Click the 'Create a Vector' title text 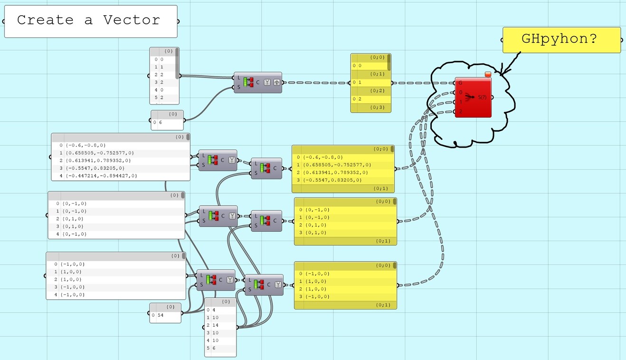88,20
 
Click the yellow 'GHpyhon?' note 561,39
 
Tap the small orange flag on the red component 487,74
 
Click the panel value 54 161,315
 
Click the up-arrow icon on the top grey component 276,82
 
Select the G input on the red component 460,83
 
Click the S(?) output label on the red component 482,97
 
